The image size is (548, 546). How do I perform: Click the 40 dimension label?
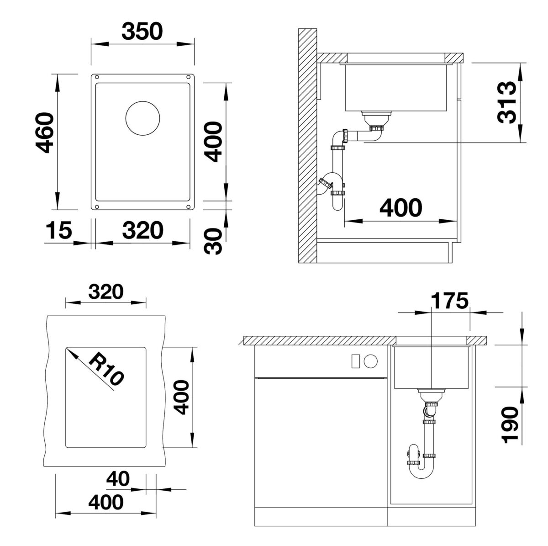point(117,479)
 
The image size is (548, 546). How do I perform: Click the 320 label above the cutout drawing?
point(106,291)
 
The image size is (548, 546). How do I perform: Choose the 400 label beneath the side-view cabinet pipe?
point(401,208)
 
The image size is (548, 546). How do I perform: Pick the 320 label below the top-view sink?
point(142,230)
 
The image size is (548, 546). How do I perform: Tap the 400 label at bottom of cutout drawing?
point(106,503)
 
